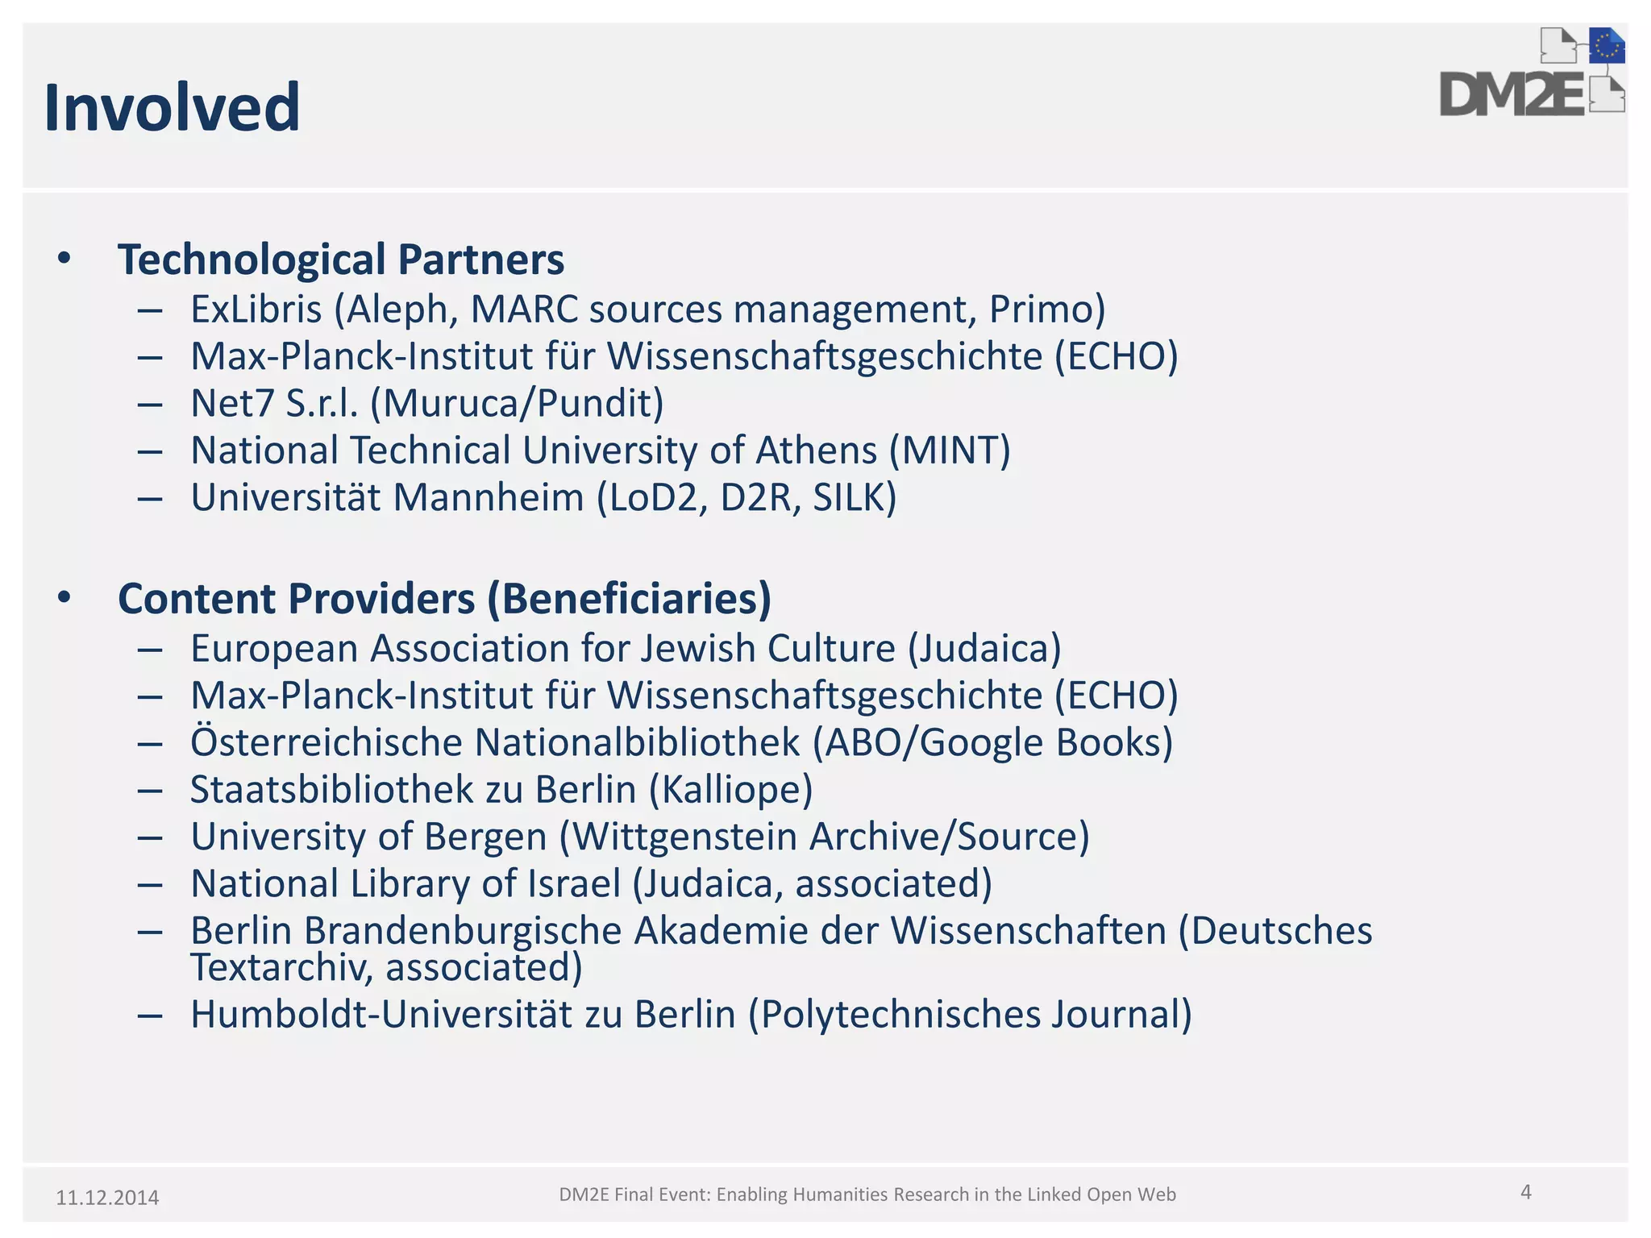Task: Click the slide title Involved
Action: pyautogui.click(x=172, y=107)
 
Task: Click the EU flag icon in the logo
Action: pyautogui.click(x=1607, y=47)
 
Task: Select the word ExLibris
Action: pyautogui.click(x=256, y=309)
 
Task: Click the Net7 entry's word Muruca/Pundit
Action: pyautogui.click(x=517, y=404)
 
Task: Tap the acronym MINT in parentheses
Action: pyautogui.click(x=950, y=451)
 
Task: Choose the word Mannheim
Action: pyautogui.click(x=489, y=498)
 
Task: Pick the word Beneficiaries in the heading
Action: pyautogui.click(x=630, y=599)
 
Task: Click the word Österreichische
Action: pyautogui.click(x=326, y=743)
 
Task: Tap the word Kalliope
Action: pyautogui.click(x=730, y=790)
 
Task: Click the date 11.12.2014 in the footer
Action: pyautogui.click(x=107, y=1198)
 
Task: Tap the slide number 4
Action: pyautogui.click(x=1525, y=1192)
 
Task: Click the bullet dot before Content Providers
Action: pyautogui.click(x=64, y=598)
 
